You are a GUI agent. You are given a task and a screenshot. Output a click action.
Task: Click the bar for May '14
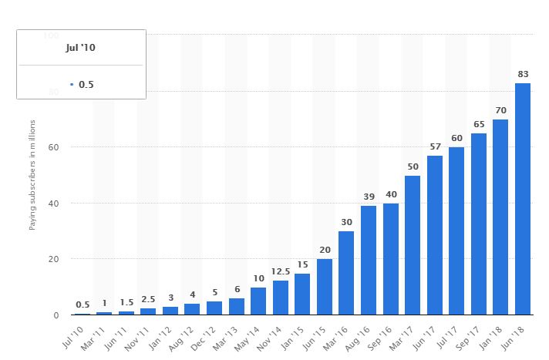(x=258, y=301)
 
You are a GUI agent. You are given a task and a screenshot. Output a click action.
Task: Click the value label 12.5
(x=280, y=272)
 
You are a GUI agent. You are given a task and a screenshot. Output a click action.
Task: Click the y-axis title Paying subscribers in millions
(x=32, y=175)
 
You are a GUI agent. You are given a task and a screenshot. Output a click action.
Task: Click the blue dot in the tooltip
(x=71, y=83)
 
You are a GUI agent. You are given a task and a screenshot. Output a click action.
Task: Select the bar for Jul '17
(x=456, y=230)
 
